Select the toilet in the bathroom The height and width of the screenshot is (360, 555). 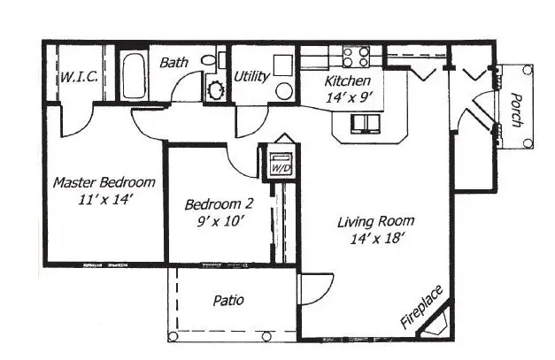210,60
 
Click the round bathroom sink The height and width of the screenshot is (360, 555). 215,88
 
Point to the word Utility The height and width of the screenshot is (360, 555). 251,76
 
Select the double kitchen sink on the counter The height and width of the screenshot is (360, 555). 363,121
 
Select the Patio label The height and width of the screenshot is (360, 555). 228,301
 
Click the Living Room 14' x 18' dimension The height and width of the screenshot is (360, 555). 376,238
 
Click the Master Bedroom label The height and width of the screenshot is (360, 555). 104,182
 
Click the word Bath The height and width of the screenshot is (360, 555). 173,63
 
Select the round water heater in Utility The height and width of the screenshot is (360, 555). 284,90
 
